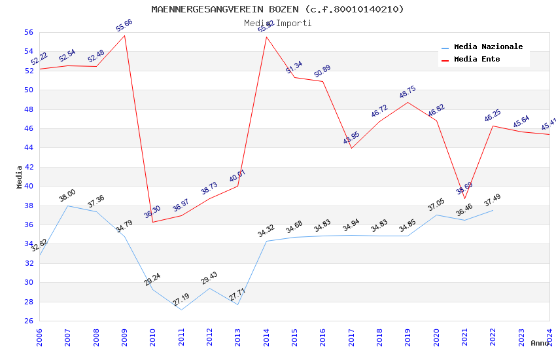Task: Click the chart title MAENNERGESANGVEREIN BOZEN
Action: (277, 9)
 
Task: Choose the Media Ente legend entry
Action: (477, 60)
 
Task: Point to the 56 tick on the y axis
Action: (28, 32)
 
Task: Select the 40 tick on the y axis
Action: (28, 186)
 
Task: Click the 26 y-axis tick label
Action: (28, 321)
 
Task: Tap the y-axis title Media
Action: (20, 177)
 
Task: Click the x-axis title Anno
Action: (540, 343)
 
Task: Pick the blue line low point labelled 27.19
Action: (181, 300)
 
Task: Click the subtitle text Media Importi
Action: (277, 23)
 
